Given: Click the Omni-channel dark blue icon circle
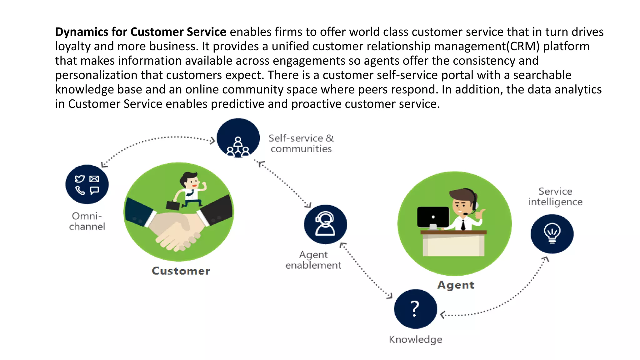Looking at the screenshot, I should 87,184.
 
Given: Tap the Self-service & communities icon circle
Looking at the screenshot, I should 238,138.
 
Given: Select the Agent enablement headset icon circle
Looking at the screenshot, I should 325,224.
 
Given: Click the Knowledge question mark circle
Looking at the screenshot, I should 415,308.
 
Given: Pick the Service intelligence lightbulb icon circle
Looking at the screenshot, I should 552,233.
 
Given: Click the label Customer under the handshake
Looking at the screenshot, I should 181,271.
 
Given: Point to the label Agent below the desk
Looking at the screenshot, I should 455,285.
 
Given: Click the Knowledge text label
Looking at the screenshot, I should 415,339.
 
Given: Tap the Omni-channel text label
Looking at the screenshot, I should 87,221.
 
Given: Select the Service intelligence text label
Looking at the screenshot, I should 555,197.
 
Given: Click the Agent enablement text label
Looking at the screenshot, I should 313,260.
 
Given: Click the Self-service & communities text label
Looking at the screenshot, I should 301,143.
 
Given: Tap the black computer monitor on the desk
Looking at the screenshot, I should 433,217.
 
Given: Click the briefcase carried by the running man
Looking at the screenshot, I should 173,205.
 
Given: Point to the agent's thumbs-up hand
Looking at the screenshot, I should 480,214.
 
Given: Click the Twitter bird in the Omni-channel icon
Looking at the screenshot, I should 80,179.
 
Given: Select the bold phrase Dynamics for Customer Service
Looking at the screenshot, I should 141,32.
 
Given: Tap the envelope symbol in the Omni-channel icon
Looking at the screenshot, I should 94,179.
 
